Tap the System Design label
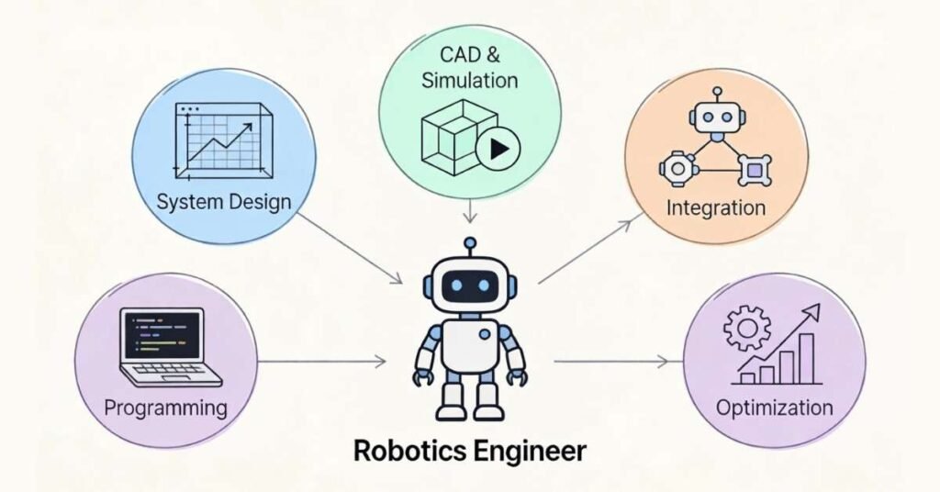point(224,201)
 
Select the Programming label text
point(165,407)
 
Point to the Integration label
point(716,207)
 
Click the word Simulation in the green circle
point(470,80)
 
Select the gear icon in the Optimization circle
point(746,329)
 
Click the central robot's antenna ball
point(470,244)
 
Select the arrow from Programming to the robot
point(321,363)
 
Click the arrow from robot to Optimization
point(613,363)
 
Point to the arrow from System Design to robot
point(351,248)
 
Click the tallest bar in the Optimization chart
point(807,357)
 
